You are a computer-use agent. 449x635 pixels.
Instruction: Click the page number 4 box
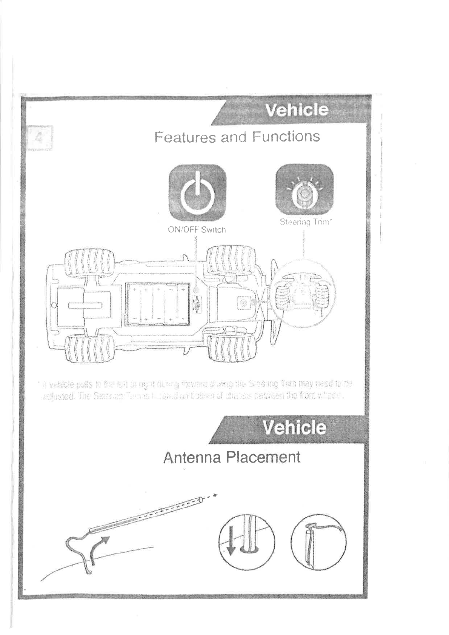click(40, 137)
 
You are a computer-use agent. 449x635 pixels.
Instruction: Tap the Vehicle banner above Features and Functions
click(297, 110)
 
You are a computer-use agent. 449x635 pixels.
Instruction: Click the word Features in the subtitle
click(185, 137)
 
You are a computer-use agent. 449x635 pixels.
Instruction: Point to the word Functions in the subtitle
click(286, 136)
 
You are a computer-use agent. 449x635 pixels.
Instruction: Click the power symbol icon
click(197, 193)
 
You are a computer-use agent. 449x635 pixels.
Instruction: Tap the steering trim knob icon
click(304, 192)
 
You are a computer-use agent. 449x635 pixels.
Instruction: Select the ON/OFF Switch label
click(197, 229)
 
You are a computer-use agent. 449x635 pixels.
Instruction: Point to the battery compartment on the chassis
click(157, 304)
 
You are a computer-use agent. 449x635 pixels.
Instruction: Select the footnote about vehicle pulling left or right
click(196, 391)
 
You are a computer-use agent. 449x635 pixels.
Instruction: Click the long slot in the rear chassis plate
click(86, 305)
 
